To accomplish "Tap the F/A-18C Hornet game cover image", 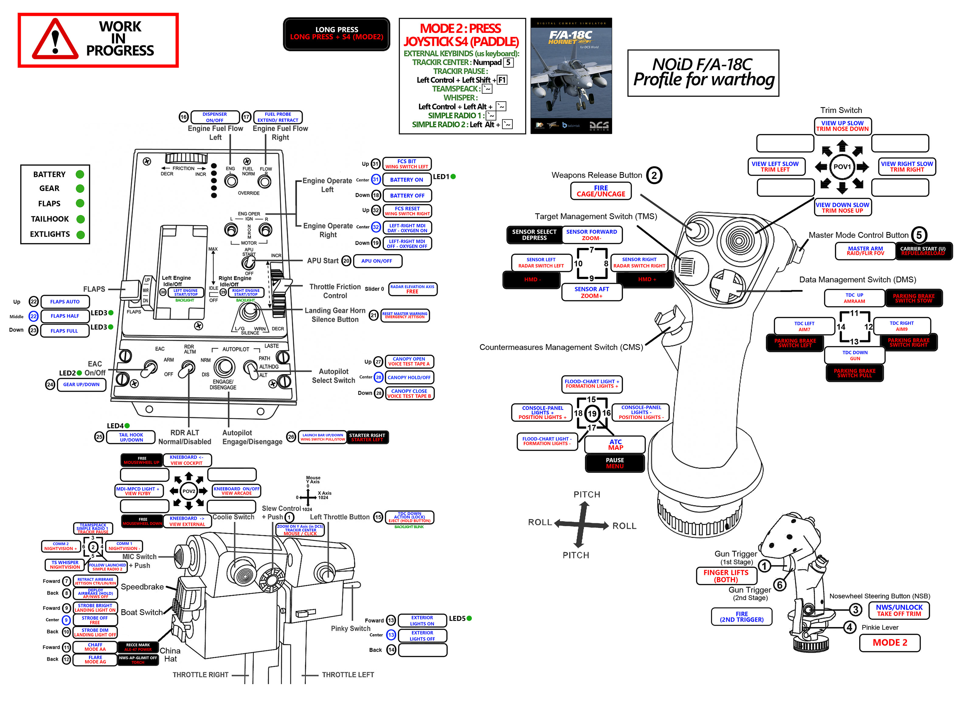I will (x=571, y=75).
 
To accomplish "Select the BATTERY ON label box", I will (x=406, y=180).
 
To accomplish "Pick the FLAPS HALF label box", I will (x=65, y=316).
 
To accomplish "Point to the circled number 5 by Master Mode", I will (x=919, y=235).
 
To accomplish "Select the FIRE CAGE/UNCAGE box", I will (x=601, y=191).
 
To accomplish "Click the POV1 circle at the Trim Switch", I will (x=842, y=166).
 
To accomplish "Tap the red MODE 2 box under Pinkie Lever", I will (x=889, y=643).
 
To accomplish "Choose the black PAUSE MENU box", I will (x=615, y=463).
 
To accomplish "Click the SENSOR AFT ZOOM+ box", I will (x=592, y=292).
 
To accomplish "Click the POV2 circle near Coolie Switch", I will (x=189, y=491).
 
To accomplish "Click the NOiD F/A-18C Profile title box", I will (x=703, y=73).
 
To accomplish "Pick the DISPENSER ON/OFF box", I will (x=215, y=117).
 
